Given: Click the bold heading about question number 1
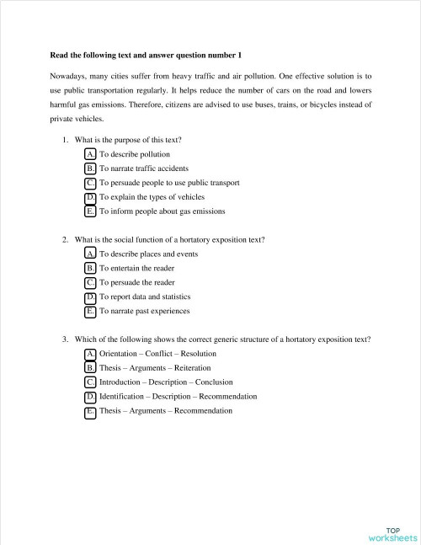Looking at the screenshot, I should [146, 55].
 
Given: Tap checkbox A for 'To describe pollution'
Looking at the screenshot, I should [90, 155].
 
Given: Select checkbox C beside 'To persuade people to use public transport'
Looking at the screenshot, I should [90, 183].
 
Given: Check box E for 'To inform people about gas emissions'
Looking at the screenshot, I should [90, 211].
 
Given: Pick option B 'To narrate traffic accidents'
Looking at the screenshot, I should [90, 168].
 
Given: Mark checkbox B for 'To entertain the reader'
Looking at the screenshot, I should [90, 269].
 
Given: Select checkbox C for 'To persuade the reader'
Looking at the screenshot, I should [90, 283].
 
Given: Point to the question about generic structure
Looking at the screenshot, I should [223, 339].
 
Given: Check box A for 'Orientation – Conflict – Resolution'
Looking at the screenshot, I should [90, 355].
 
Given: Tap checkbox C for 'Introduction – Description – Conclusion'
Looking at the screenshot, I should [90, 383].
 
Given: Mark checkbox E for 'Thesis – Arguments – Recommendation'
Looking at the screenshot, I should [90, 411].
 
